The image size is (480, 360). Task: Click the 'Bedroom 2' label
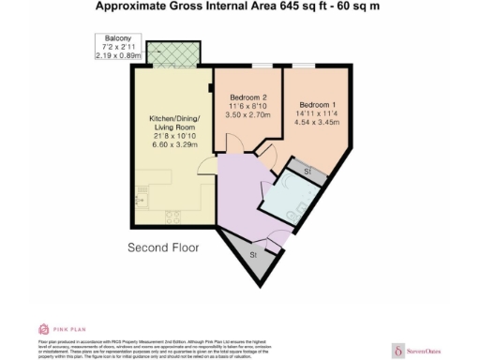click(x=249, y=97)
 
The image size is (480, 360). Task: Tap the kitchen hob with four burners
click(x=172, y=217)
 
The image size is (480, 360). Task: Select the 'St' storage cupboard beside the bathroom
click(x=307, y=170)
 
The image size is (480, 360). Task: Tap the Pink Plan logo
click(x=56, y=329)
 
